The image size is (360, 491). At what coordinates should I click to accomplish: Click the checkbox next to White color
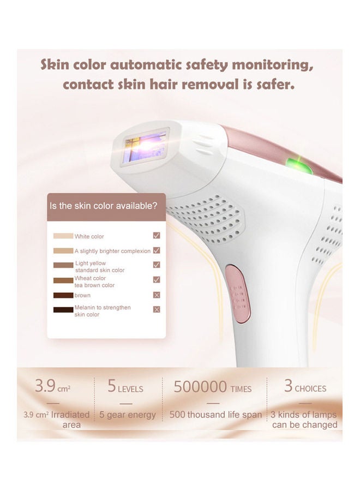coord(157,236)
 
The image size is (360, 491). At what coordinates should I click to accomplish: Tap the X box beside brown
coord(157,295)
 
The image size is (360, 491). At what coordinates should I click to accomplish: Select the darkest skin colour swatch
coord(63,310)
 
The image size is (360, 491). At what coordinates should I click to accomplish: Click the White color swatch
coord(63,236)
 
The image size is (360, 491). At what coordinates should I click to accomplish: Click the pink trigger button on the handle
coord(238,294)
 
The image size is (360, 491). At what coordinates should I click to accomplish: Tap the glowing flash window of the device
coord(145,147)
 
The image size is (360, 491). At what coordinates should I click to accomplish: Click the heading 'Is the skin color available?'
coord(103,206)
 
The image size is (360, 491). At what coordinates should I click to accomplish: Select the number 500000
coord(200,386)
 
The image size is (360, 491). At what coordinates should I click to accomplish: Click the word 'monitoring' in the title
coord(272,65)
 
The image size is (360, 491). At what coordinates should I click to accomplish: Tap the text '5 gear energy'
coord(128,415)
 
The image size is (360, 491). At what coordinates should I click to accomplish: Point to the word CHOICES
coord(310,388)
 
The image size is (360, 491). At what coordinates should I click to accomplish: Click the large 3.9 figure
coord(45,386)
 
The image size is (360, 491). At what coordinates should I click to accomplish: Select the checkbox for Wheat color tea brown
coord(157,279)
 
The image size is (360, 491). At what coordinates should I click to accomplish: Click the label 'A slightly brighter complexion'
coord(112,251)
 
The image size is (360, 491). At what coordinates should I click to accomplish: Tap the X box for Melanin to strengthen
coord(157,309)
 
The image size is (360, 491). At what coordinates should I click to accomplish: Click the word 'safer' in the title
coord(275,85)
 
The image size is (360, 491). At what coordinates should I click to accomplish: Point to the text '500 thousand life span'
coord(215,415)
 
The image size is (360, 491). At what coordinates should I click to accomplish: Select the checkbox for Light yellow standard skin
coord(157,265)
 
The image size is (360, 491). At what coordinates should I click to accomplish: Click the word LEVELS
coord(130,389)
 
